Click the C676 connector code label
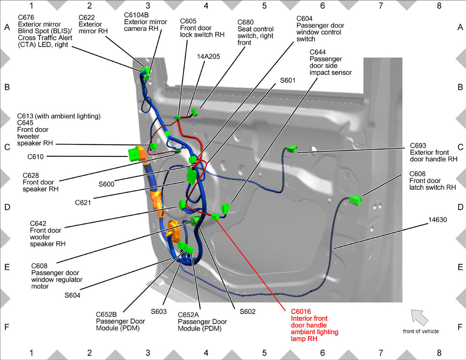26,17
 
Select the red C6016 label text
301,311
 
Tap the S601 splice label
288,80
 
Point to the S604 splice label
72,296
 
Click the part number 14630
438,220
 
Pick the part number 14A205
209,57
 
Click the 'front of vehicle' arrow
419,317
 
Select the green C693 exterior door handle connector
292,149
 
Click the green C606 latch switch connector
355,200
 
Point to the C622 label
87,17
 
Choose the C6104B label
136,15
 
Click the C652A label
188,315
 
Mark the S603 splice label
159,311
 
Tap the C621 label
83,203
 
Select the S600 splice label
106,184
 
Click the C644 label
318,52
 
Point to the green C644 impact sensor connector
225,209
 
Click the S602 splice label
247,311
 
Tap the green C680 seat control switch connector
194,112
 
